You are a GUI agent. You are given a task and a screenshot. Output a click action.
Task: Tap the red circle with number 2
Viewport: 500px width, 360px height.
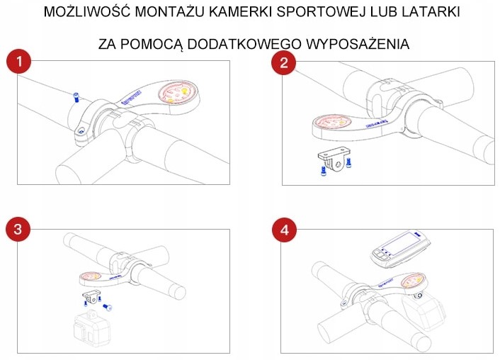pyautogui.click(x=284, y=62)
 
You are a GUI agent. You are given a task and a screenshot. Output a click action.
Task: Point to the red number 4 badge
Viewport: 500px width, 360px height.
pyautogui.click(x=284, y=230)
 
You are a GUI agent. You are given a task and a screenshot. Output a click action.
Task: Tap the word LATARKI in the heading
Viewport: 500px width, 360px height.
pyautogui.click(x=428, y=13)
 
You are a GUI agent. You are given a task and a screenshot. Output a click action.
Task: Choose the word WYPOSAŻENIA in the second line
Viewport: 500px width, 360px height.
pyautogui.click(x=358, y=44)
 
